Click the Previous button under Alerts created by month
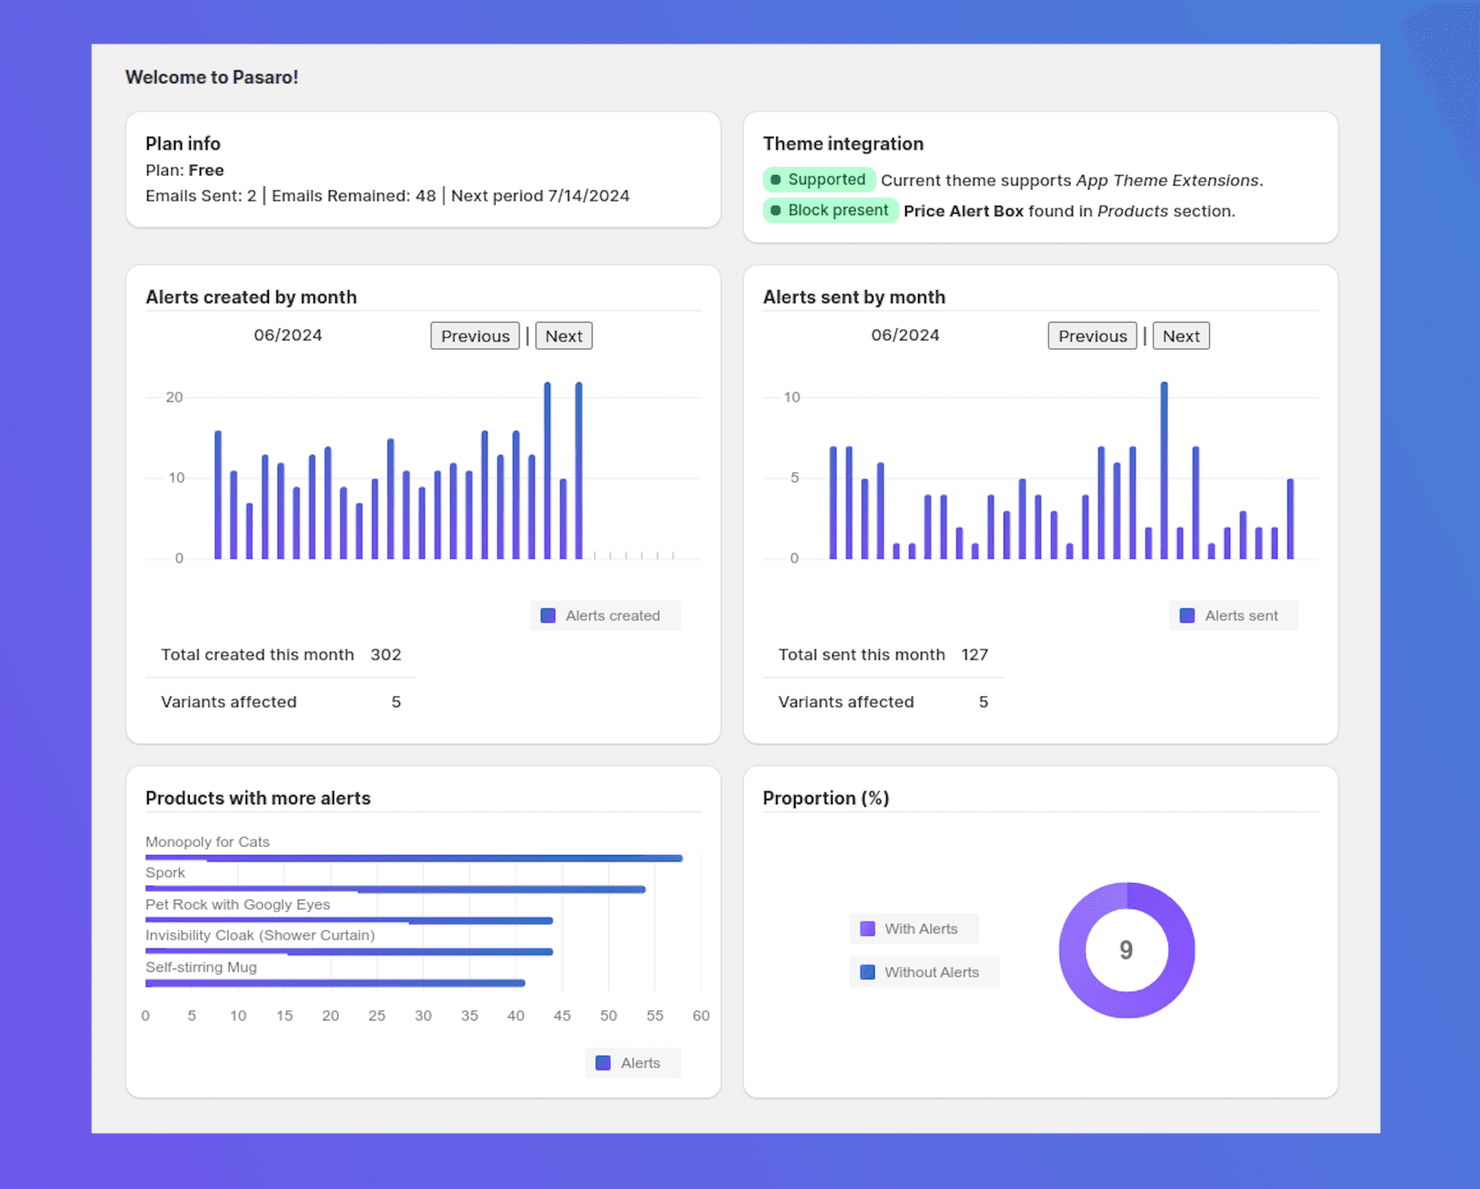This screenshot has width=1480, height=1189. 475,336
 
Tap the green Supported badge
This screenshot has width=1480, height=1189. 819,180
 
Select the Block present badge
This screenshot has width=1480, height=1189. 830,211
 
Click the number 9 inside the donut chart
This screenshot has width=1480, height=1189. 1126,950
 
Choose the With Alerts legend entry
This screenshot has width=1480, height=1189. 912,929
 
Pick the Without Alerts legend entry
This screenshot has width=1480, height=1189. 924,972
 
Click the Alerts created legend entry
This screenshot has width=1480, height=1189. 604,616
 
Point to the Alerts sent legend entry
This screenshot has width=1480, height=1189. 1233,616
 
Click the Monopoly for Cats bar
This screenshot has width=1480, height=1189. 414,858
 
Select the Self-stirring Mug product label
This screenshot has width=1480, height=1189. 201,967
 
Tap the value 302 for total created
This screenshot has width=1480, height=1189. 386,655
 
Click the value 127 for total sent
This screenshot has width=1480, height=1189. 974,655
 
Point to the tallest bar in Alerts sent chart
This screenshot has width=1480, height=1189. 1164,471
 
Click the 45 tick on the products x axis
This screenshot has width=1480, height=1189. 562,1016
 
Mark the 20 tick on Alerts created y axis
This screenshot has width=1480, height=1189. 174,397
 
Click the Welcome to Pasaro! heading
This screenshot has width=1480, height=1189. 212,77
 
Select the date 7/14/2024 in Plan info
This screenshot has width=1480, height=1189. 588,196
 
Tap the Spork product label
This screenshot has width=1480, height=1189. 165,873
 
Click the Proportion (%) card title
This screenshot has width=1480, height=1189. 825,798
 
